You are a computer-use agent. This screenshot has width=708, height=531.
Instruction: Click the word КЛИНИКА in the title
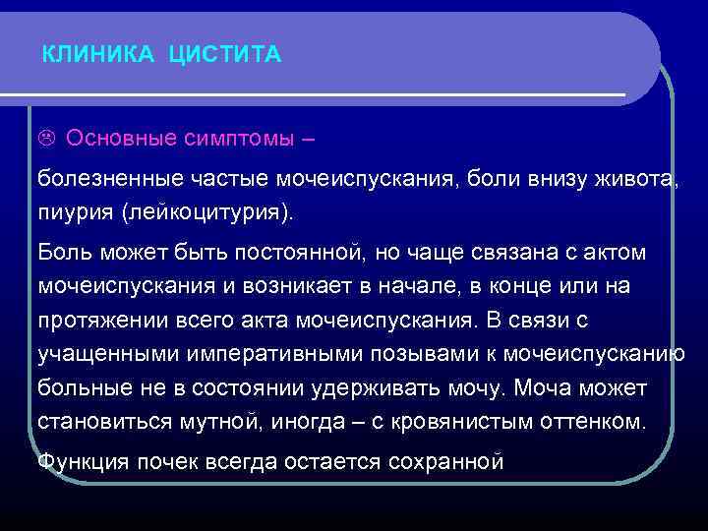[97, 56]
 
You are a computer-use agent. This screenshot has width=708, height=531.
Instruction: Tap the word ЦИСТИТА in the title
[225, 56]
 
